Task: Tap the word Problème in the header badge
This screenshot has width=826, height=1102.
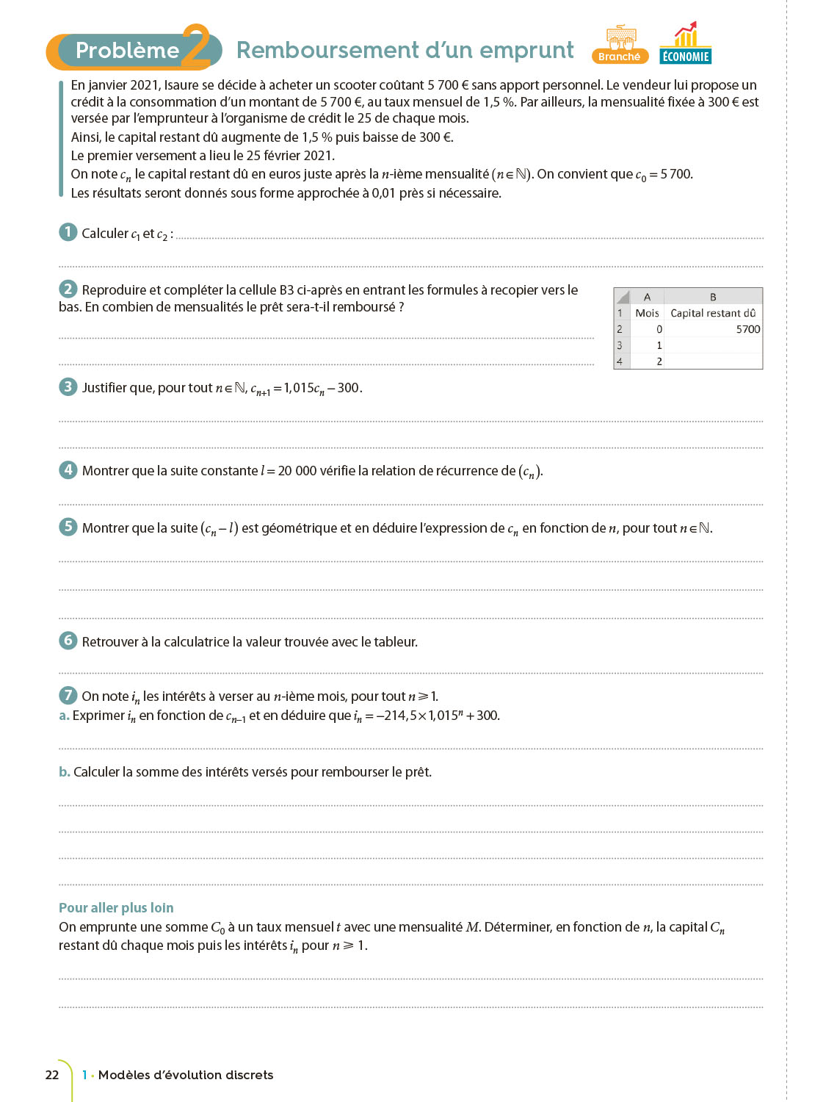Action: click(127, 50)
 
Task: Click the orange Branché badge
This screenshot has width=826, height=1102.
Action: click(619, 57)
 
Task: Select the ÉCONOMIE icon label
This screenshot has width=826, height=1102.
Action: click(685, 57)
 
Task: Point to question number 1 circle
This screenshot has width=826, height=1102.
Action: click(68, 232)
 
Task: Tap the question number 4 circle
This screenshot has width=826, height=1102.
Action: click(68, 469)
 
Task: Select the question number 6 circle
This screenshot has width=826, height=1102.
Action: click(68, 641)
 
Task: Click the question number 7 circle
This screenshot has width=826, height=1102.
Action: click(68, 695)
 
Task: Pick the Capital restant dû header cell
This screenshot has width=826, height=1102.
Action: click(712, 313)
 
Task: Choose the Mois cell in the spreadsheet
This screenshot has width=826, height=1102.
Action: click(647, 313)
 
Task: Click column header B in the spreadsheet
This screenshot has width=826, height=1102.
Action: click(712, 297)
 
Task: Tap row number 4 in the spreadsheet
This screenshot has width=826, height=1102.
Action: click(620, 361)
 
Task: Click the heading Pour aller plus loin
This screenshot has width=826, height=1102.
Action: click(116, 908)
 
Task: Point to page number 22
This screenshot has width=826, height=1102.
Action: click(52, 1075)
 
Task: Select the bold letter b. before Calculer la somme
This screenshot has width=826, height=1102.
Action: click(65, 772)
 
